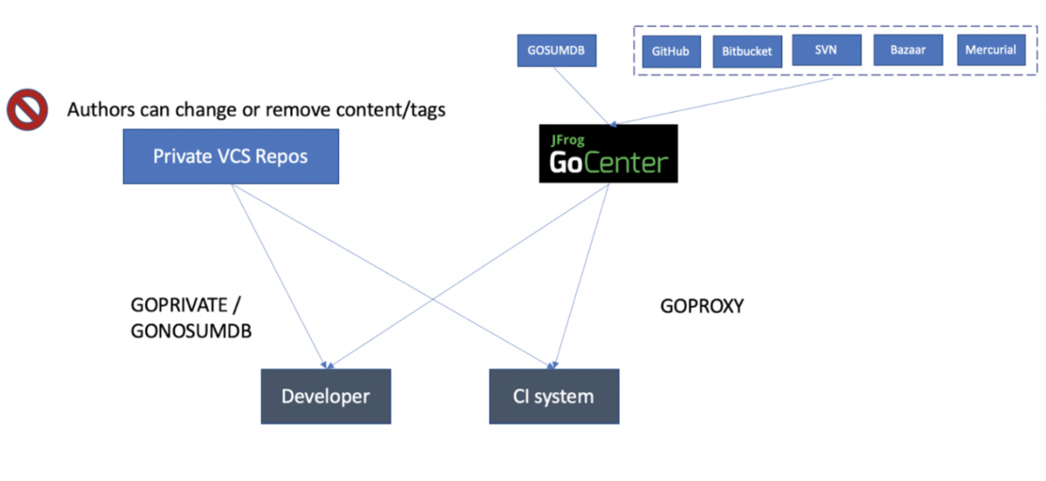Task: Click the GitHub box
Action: click(671, 51)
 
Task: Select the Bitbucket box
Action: click(747, 51)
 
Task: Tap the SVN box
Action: click(826, 50)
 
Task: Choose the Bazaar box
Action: click(908, 50)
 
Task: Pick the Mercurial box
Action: click(990, 50)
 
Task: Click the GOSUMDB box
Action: click(556, 51)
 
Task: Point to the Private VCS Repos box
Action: click(230, 156)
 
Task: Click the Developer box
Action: click(326, 397)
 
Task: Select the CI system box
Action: click(553, 397)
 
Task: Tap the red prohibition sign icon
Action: click(27, 111)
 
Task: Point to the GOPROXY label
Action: click(702, 306)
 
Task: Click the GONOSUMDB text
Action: click(191, 332)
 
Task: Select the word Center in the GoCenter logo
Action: click(625, 162)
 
